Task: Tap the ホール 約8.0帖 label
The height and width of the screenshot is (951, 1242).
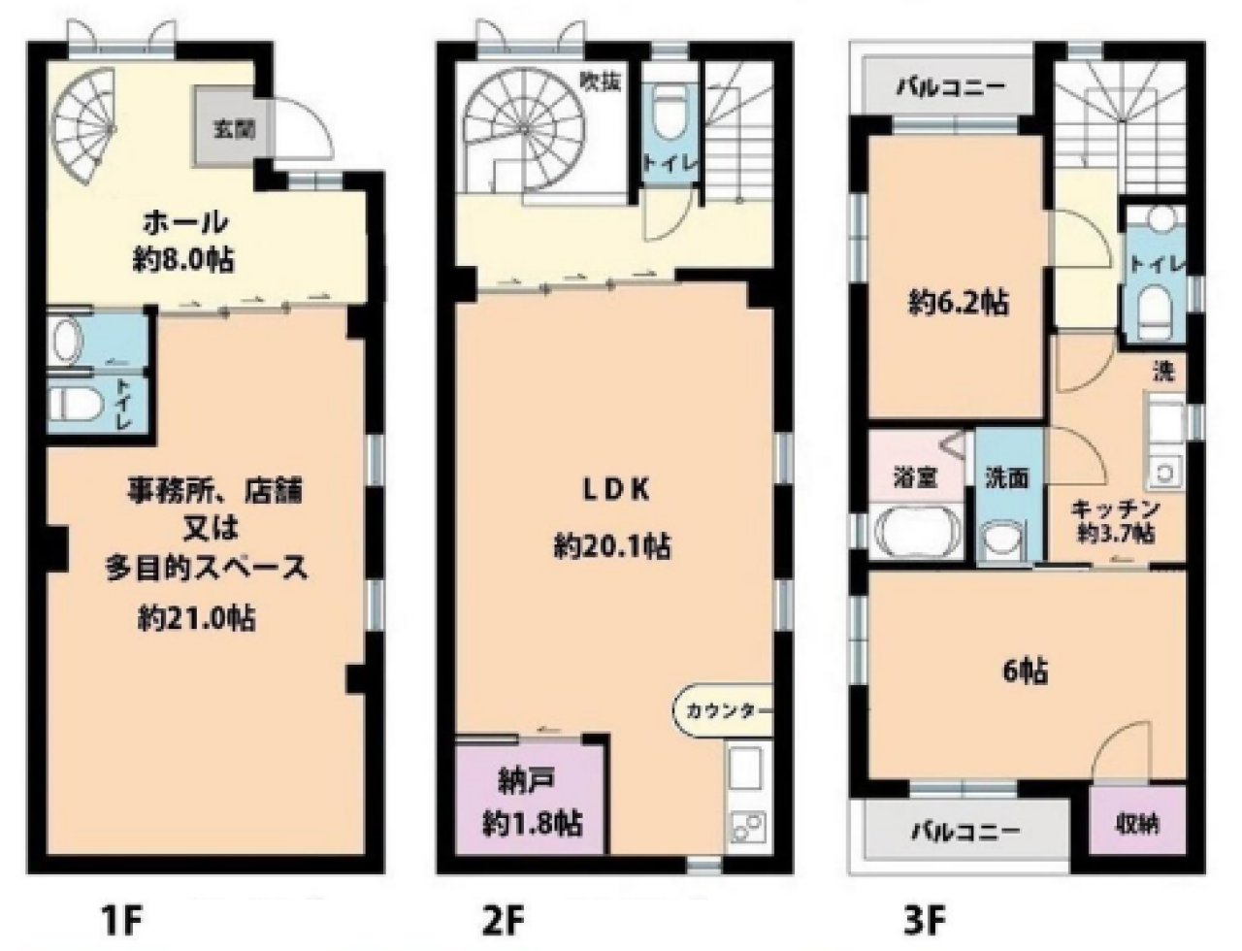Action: tap(185, 241)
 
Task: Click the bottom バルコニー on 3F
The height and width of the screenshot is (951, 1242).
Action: tap(964, 832)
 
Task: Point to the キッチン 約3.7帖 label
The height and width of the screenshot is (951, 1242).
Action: tap(1116, 521)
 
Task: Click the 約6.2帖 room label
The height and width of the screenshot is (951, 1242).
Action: tap(958, 303)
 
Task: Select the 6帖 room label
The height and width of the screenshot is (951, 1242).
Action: tap(1025, 672)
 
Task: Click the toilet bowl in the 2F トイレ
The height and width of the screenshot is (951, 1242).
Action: tap(669, 115)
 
